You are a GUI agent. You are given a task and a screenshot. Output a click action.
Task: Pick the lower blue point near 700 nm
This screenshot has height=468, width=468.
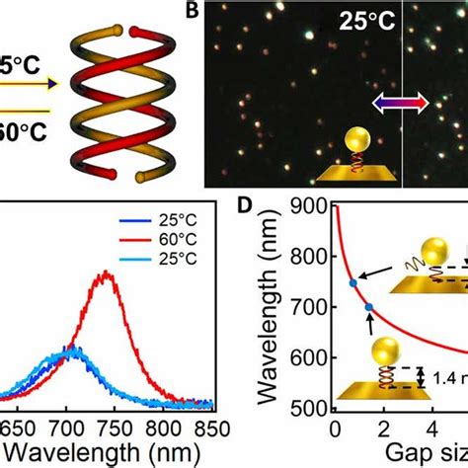pos(368,307)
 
